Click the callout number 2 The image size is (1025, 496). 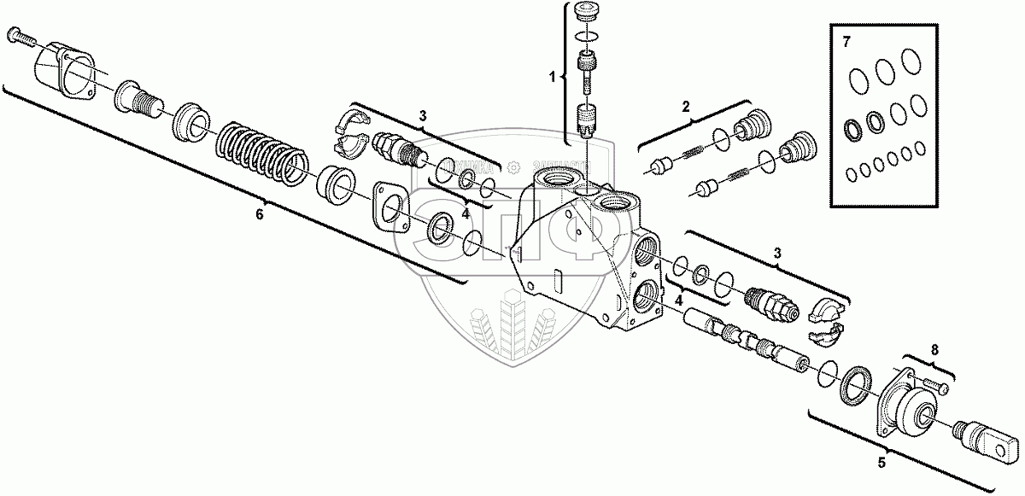click(684, 107)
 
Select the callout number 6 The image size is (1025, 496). click(260, 214)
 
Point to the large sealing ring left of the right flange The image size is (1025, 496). click(855, 386)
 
